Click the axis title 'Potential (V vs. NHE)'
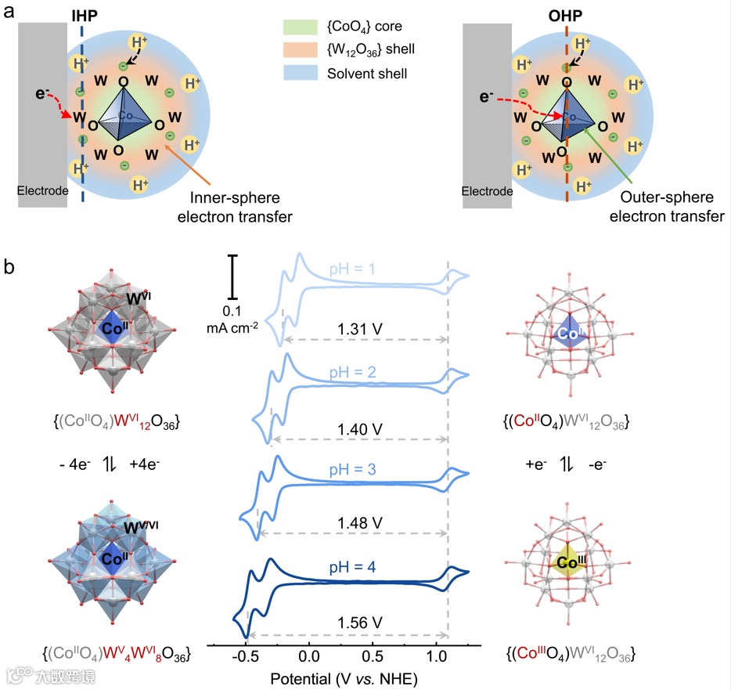(342, 675)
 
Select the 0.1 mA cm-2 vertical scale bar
(232, 276)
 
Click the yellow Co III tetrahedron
(569, 561)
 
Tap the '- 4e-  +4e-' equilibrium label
(118, 464)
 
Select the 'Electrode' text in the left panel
(44, 190)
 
